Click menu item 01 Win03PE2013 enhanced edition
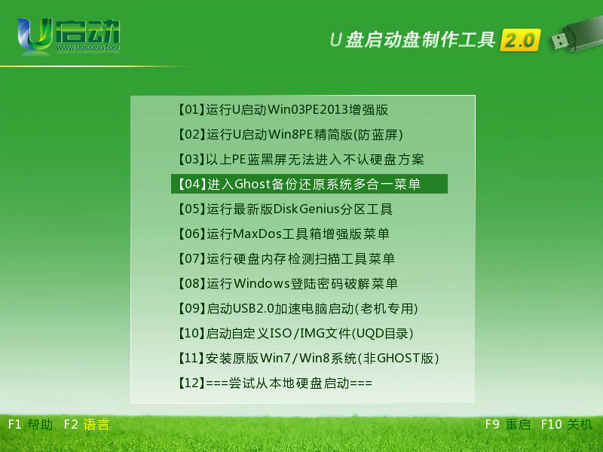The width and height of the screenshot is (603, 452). (x=283, y=110)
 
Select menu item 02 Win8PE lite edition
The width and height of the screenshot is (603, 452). (x=290, y=135)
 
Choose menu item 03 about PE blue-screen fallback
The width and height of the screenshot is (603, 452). (x=300, y=159)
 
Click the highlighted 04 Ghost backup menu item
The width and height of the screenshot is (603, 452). (x=309, y=184)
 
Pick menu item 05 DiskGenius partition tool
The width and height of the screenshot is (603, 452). (x=285, y=209)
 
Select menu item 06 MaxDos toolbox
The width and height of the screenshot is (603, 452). (x=283, y=234)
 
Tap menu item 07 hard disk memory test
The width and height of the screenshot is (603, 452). (x=286, y=258)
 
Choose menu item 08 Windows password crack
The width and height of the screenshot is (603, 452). (x=287, y=284)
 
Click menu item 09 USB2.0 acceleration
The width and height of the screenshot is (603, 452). (x=298, y=308)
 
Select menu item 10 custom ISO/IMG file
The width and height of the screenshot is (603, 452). (x=295, y=333)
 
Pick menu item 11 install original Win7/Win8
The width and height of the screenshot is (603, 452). (x=308, y=359)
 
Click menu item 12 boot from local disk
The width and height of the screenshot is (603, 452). (x=274, y=383)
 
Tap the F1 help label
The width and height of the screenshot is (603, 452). (x=30, y=424)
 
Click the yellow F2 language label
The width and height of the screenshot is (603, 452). (x=87, y=424)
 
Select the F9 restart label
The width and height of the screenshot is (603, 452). (x=507, y=424)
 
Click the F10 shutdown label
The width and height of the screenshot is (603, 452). (x=567, y=424)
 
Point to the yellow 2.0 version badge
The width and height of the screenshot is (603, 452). (x=520, y=40)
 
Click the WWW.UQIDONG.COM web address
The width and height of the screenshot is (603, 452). (x=88, y=48)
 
